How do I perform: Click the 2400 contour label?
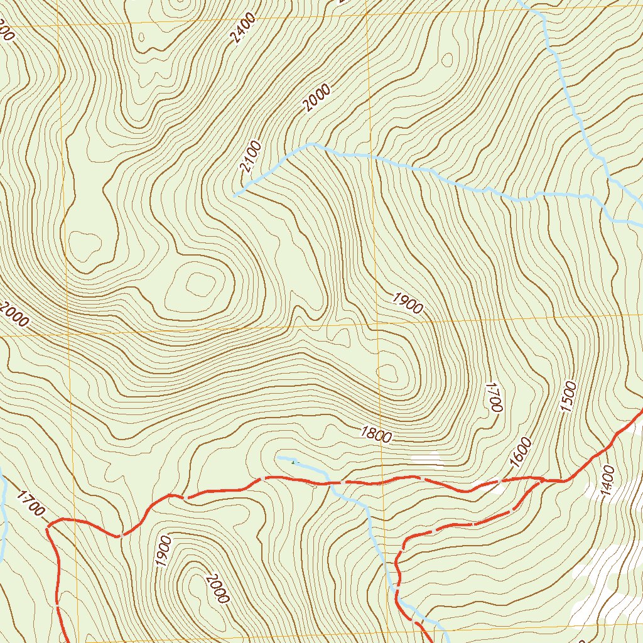[x=243, y=28]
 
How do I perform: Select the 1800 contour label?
[x=376, y=434]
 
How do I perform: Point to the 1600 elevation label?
[x=521, y=452]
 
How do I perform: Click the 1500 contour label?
[x=568, y=396]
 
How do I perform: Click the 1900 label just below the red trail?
[x=165, y=551]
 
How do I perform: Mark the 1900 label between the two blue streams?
[x=408, y=303]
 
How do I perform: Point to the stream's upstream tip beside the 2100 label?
[x=234, y=196]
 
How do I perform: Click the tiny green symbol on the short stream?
[x=293, y=463]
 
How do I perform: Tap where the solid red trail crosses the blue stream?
[x=328, y=484]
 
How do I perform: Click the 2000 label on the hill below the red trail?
[x=215, y=588]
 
